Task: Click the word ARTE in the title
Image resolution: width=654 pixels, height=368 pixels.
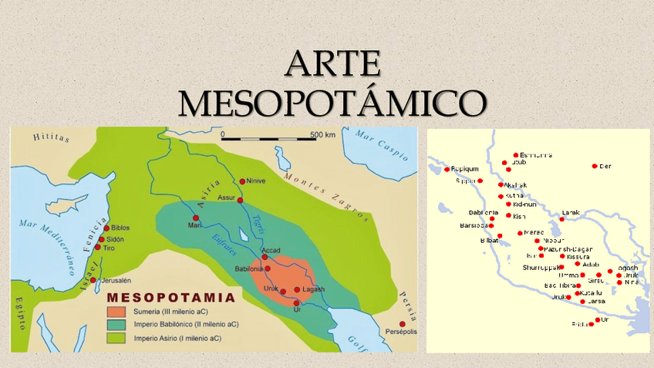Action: [x=332, y=64]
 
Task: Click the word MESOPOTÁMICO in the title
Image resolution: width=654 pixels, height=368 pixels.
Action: [x=332, y=102]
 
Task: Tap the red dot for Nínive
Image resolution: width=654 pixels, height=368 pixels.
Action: [x=242, y=181]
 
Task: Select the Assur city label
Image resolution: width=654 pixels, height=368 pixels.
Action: [x=227, y=198]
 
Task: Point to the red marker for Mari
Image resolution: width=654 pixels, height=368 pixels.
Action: [x=196, y=218]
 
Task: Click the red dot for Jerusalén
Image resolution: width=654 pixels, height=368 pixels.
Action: [x=93, y=280]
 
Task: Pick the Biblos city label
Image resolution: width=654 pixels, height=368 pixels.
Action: [x=120, y=228]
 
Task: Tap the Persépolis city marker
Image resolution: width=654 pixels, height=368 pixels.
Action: [x=402, y=324]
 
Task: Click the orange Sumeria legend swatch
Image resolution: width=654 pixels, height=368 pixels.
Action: [x=116, y=311]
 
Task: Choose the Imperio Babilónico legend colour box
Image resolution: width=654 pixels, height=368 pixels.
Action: [x=116, y=324]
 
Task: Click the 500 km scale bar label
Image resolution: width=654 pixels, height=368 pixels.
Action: [x=322, y=135]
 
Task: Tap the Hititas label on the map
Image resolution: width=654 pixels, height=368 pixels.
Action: [x=51, y=138]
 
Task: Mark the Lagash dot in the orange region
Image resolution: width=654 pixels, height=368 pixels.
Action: [x=297, y=290]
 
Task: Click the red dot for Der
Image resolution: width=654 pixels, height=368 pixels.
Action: [x=595, y=166]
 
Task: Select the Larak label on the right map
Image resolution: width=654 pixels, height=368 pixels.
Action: [x=571, y=212]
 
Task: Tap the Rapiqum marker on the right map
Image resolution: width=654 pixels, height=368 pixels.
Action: [x=447, y=169]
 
